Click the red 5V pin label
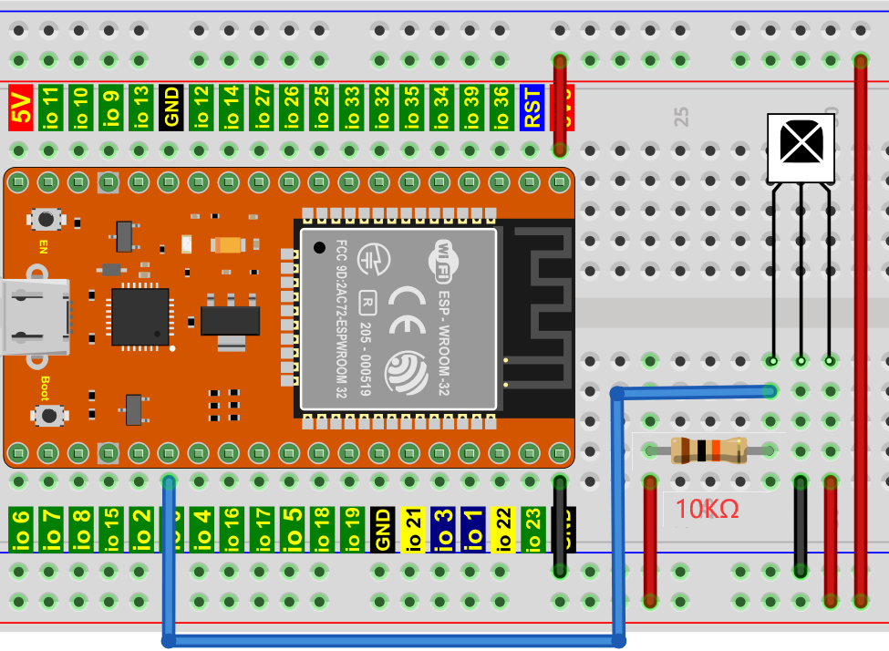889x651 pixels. coord(20,106)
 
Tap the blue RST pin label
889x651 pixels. coord(531,106)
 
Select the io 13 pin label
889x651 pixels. coord(140,106)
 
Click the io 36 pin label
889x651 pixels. coord(500,106)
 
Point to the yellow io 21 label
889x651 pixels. coord(412,530)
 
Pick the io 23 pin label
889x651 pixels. coord(532,530)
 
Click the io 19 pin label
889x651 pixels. coord(351,530)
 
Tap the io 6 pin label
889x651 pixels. coord(20,530)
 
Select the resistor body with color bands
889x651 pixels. coord(708,450)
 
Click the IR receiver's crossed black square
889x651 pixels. coord(800,142)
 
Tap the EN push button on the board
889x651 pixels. coord(44,219)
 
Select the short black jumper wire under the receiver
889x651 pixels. coord(801,525)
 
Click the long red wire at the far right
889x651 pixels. coord(860,328)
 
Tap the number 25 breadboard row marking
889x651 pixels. coord(680,116)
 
